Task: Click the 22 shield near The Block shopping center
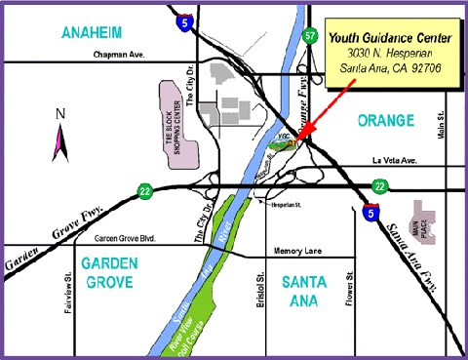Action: [x=144, y=190]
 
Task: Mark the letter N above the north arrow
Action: [x=59, y=114]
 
